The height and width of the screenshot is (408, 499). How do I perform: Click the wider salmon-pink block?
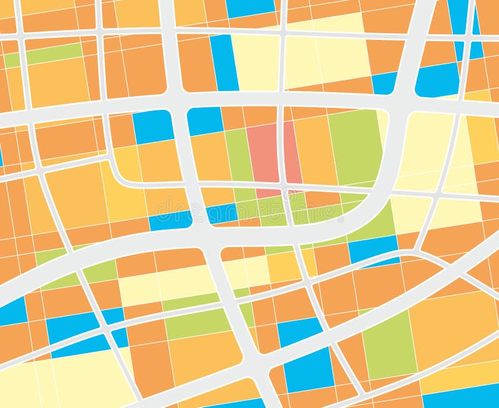point(263,153)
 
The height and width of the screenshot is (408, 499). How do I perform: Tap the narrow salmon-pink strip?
point(292,153)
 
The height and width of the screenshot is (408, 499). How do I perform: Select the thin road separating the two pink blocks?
point(281,153)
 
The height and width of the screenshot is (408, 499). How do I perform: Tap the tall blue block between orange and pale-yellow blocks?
point(224,62)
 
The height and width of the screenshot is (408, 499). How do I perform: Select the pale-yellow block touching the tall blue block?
point(256,62)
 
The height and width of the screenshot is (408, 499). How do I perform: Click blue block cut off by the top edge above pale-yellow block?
point(250,7)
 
